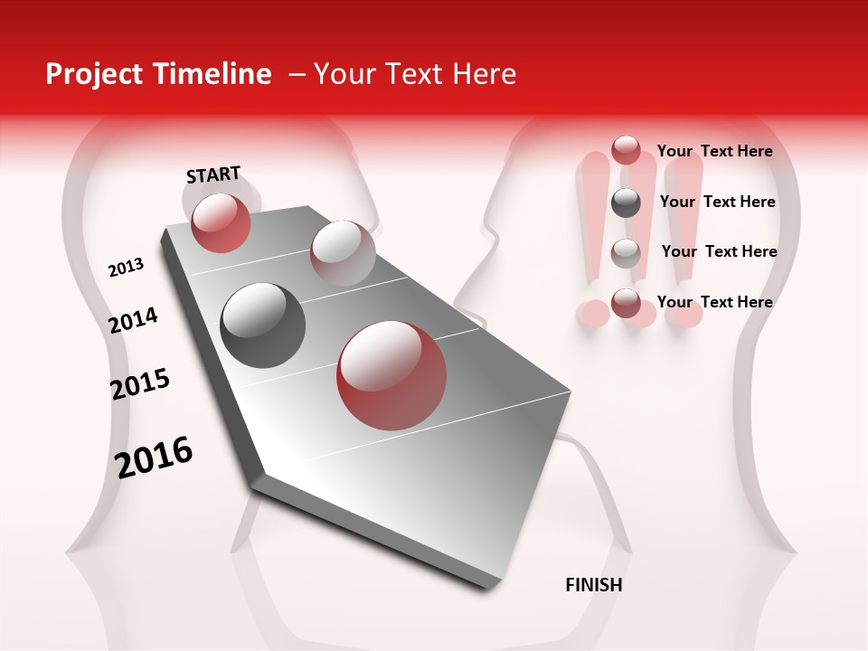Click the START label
(x=213, y=175)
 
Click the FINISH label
(x=593, y=585)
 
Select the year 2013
(x=126, y=268)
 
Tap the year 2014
(x=133, y=320)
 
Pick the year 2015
(x=140, y=384)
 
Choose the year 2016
(x=154, y=457)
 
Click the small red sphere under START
(x=221, y=222)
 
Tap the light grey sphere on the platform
(x=342, y=252)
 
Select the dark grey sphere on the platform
(x=262, y=325)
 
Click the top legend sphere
(x=626, y=150)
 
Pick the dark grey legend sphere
(x=626, y=203)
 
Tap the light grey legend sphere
(x=626, y=252)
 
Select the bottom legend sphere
(x=626, y=303)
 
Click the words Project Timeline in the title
(x=157, y=74)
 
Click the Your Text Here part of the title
(x=414, y=74)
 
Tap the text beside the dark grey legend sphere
(x=717, y=202)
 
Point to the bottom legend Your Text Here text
(x=714, y=302)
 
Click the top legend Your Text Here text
(x=714, y=151)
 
